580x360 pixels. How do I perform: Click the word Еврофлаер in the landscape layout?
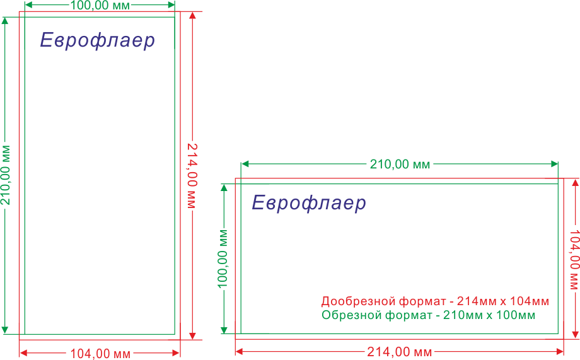309,203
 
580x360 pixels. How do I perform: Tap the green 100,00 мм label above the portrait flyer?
100,5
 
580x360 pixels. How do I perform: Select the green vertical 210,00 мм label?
5,175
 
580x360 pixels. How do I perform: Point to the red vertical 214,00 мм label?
192,176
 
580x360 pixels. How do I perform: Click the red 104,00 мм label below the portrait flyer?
100,354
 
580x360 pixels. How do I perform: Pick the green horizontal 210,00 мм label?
400,164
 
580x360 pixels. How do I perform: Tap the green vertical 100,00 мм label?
223,258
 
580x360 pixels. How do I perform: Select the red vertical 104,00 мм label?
574,260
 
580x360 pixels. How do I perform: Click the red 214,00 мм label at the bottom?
400,352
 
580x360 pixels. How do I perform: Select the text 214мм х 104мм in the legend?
503,301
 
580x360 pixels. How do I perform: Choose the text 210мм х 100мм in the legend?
489,315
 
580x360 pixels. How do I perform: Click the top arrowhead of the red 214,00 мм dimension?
192,15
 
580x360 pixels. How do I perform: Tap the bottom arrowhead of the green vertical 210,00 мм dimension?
5,330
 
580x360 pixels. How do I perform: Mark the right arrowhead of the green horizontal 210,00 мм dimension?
554,164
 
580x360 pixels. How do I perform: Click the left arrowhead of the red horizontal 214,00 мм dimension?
239,351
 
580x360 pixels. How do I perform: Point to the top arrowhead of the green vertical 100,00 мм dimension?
224,187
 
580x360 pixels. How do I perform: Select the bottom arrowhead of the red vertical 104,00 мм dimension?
575,335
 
